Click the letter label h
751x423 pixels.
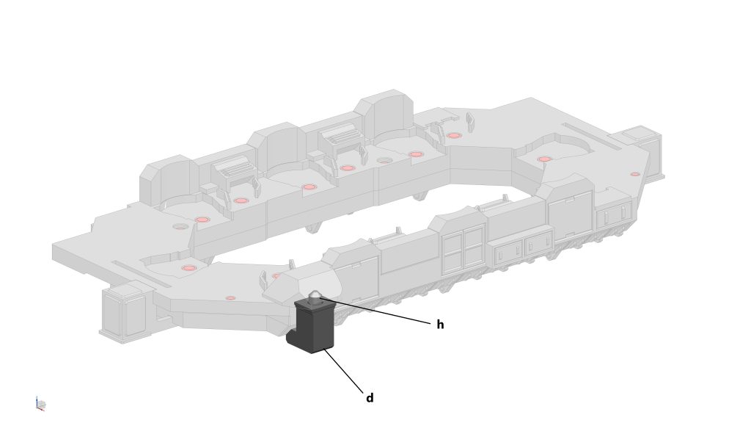pos(440,325)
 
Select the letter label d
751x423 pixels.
pos(370,398)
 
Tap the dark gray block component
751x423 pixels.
pos(312,325)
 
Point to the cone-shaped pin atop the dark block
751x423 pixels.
pos(314,296)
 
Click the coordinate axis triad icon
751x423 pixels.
pos(40,404)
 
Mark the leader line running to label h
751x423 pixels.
pos(375,311)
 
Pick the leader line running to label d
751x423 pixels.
pos(343,371)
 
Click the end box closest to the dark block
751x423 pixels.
pos(124,311)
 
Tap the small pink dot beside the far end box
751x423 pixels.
pos(635,174)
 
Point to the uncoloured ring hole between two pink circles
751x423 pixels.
pos(384,160)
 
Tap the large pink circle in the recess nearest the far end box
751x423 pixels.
pos(545,159)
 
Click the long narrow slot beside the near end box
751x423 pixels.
pos(141,273)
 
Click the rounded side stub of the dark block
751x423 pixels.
pos(292,337)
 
